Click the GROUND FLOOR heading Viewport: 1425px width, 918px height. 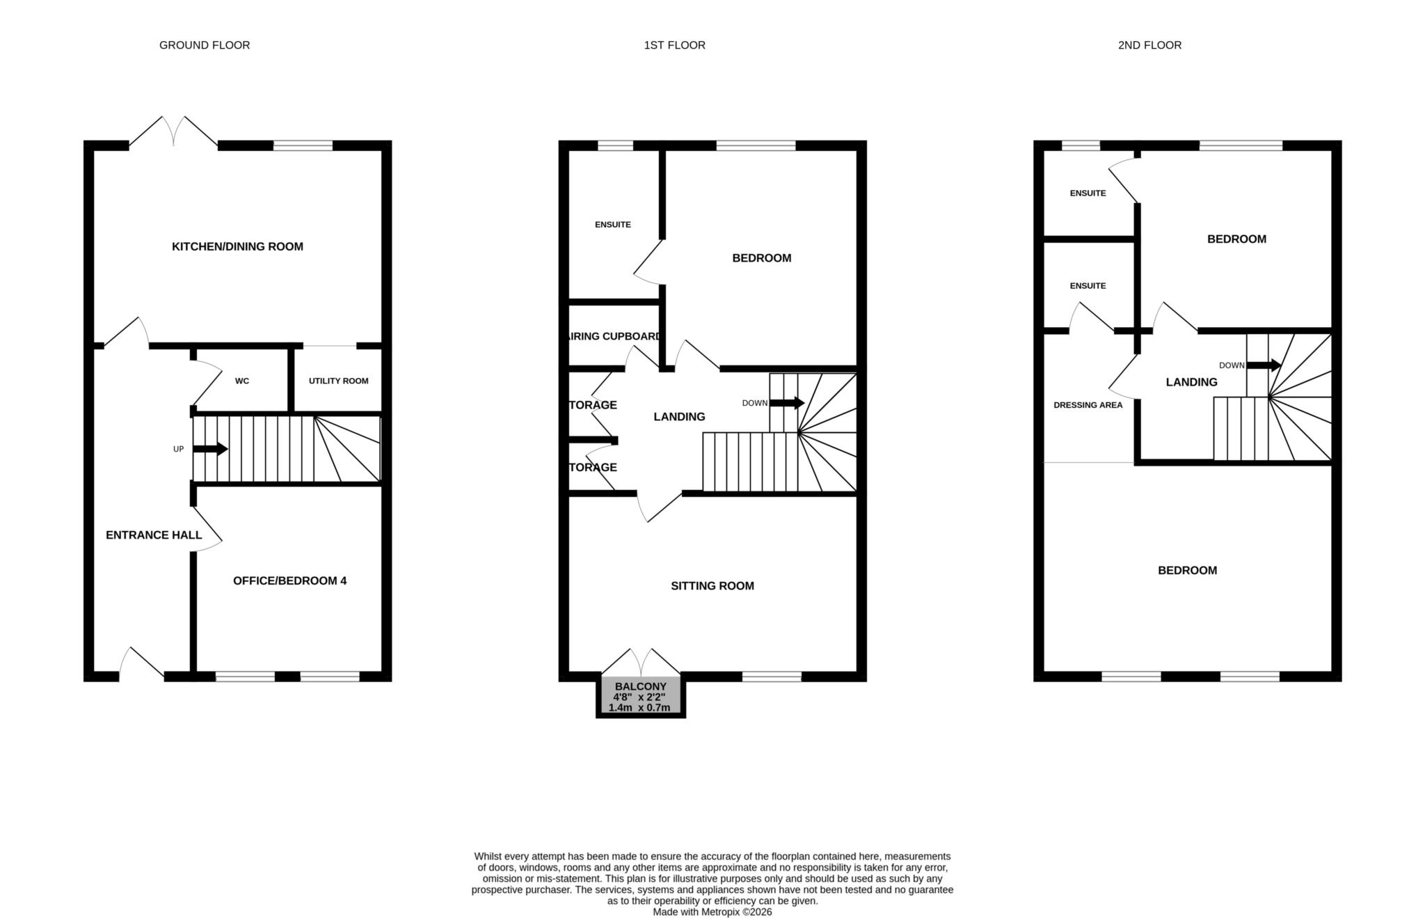[205, 45]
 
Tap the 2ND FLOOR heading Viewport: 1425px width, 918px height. [1149, 45]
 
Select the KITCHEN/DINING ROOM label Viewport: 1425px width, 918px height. [237, 246]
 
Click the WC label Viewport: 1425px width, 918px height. [241, 381]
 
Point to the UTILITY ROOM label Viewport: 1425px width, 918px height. [338, 381]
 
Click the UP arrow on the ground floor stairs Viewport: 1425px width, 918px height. [210, 449]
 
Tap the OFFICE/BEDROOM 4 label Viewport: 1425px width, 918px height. [289, 580]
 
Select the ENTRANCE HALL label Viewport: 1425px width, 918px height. [154, 535]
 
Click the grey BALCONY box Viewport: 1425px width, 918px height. [640, 696]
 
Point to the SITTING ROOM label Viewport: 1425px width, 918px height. [712, 586]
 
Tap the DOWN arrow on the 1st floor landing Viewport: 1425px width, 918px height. [787, 403]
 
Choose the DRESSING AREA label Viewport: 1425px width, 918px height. [1088, 405]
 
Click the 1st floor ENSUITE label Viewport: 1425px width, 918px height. [612, 225]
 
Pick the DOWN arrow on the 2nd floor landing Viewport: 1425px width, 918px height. [1263, 365]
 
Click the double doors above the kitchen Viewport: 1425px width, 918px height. [174, 132]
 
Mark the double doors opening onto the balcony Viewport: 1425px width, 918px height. [640, 661]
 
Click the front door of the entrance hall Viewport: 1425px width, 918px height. [142, 663]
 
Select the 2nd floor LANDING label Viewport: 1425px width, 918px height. [1191, 382]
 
